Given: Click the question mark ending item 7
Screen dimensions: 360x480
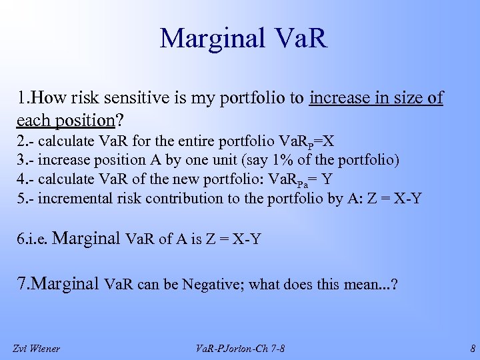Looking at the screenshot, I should pos(395,285).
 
